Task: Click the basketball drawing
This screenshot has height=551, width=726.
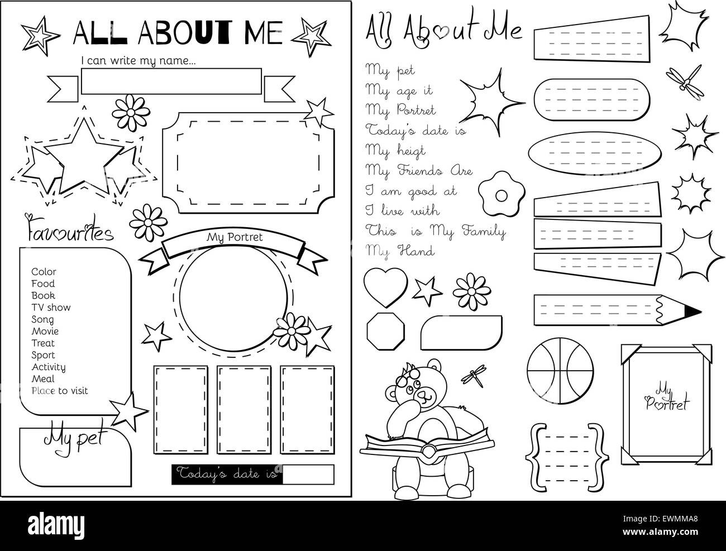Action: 560,371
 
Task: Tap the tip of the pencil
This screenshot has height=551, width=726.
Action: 701,312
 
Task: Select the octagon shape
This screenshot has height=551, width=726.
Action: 386,331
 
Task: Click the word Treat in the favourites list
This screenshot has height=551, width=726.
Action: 43,343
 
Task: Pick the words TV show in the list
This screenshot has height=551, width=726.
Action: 51,308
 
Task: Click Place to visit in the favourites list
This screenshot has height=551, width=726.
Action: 60,391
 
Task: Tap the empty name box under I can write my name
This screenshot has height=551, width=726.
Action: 171,82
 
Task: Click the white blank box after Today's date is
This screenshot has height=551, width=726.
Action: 308,475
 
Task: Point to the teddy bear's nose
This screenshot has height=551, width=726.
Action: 422,394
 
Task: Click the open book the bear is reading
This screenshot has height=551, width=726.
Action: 427,445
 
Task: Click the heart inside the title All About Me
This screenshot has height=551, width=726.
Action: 443,31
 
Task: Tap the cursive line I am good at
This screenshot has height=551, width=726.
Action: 411,191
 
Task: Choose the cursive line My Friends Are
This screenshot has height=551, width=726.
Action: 419,171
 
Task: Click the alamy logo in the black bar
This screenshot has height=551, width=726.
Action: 56,525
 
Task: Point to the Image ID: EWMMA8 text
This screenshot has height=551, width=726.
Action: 660,519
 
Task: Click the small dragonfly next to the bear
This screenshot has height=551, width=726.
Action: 474,375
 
